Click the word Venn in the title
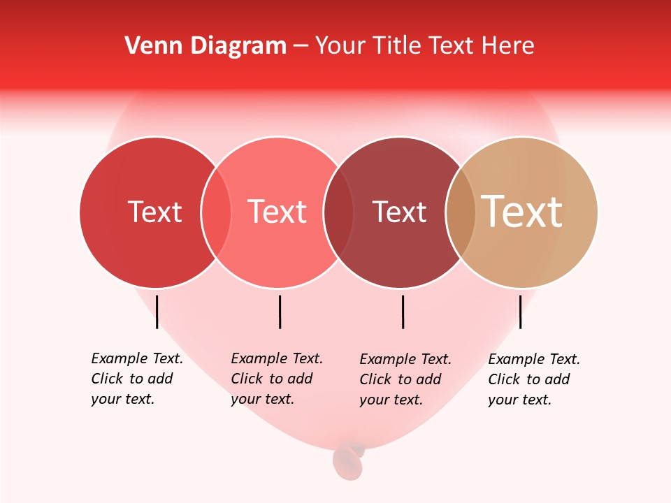click(x=147, y=46)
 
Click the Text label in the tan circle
click(x=522, y=212)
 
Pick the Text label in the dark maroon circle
click(x=399, y=212)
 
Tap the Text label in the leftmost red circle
click(x=154, y=212)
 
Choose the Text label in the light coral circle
click(x=277, y=212)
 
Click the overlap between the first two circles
click(x=216, y=212)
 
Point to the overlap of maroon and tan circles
click(x=461, y=212)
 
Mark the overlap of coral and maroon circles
click(x=338, y=212)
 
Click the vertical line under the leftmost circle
click(x=157, y=312)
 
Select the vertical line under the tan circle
click(x=521, y=312)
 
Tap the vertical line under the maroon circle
click(x=403, y=312)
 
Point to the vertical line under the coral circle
click(x=280, y=312)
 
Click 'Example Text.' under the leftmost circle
click(x=137, y=359)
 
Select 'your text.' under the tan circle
click(x=519, y=400)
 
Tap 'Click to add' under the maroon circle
click(x=401, y=379)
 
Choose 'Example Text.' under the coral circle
click(x=277, y=359)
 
